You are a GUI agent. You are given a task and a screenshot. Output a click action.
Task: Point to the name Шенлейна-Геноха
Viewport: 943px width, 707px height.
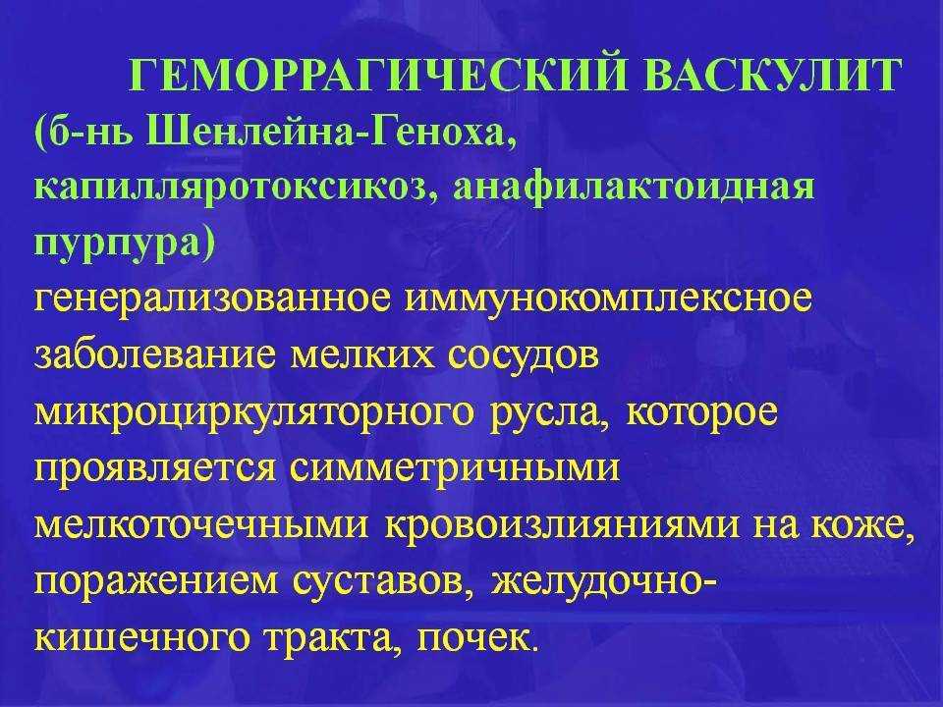(x=330, y=131)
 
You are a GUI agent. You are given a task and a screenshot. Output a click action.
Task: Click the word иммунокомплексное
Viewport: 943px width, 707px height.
(x=609, y=301)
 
